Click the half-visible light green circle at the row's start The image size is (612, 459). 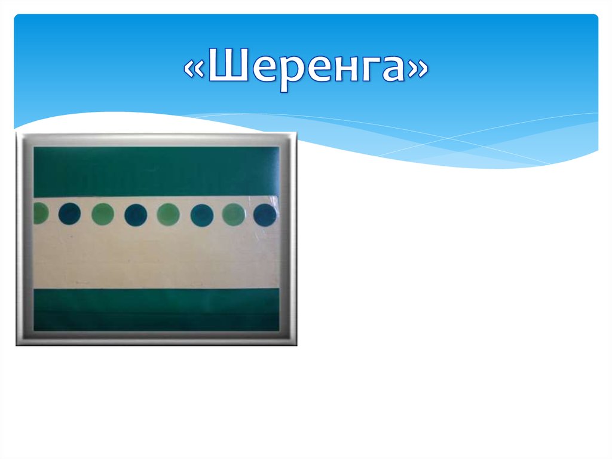tap(39, 213)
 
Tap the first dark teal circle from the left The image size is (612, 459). tap(70, 214)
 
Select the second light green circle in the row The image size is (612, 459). tap(103, 214)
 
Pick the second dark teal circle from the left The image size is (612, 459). tap(136, 214)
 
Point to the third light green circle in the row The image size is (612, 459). tap(168, 214)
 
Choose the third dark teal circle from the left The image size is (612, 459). tap(201, 215)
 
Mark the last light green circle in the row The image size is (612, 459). tap(233, 215)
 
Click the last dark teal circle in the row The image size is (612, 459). tap(265, 215)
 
